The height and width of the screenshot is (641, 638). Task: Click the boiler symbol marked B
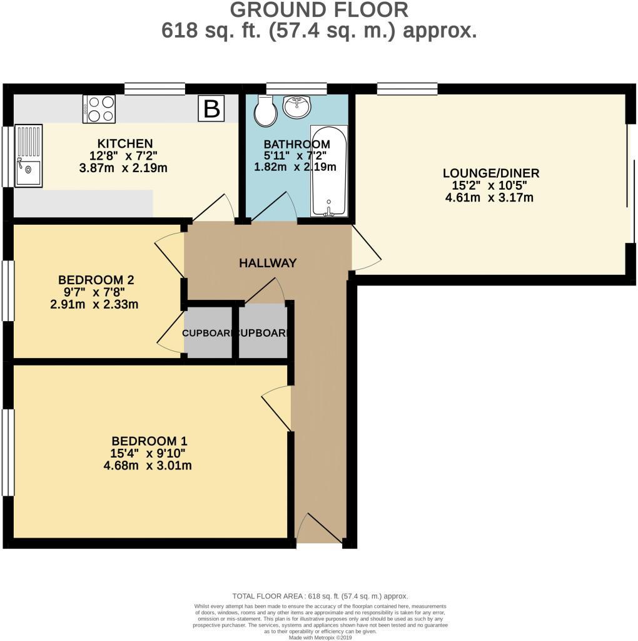click(x=212, y=109)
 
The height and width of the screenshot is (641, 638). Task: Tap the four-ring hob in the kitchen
click(x=99, y=108)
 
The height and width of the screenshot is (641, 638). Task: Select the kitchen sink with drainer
click(x=29, y=155)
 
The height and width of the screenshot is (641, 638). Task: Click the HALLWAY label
click(x=267, y=264)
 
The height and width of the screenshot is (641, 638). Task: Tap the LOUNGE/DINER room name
click(x=490, y=173)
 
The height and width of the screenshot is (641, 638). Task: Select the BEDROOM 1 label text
click(x=149, y=441)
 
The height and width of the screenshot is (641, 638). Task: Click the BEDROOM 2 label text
click(x=96, y=280)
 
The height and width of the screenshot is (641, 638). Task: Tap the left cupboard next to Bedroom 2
click(x=208, y=333)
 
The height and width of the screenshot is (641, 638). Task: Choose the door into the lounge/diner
click(x=366, y=249)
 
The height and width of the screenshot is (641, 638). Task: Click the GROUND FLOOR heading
click(x=319, y=10)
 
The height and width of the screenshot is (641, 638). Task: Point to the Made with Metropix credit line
click(x=320, y=637)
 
